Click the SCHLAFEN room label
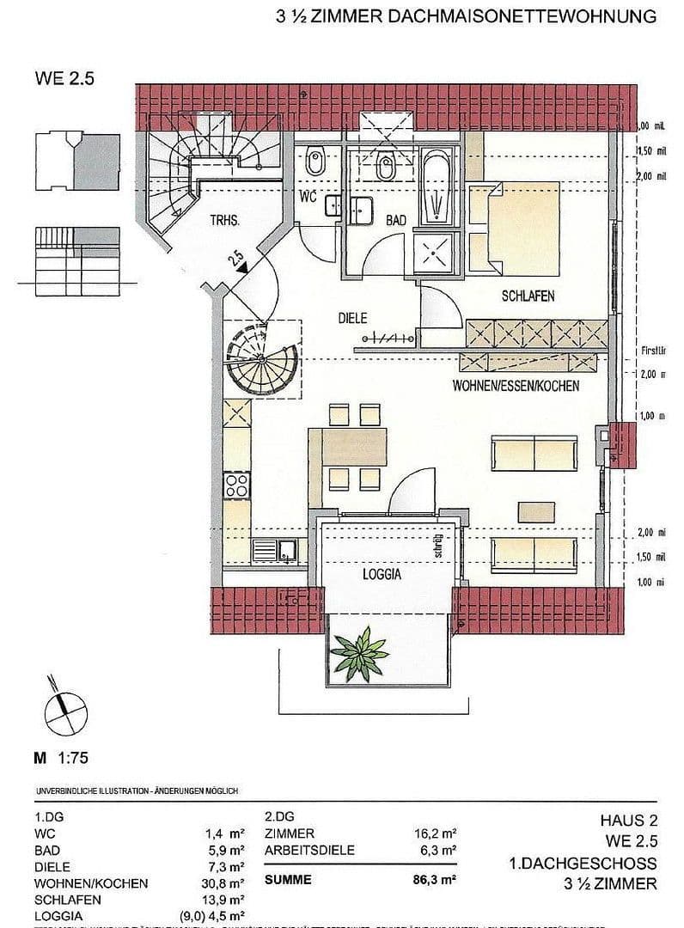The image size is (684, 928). [x=528, y=296]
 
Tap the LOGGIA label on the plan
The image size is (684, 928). [x=382, y=575]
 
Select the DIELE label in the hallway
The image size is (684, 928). [x=351, y=318]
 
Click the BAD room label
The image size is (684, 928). [x=395, y=221]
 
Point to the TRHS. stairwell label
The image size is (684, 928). [x=224, y=220]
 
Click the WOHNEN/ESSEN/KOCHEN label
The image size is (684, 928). [x=516, y=387]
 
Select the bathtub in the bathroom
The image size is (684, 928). [x=437, y=190]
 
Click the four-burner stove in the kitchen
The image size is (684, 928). [x=236, y=485]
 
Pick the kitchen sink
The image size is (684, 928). [x=273, y=549]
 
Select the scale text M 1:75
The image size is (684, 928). [x=61, y=758]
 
